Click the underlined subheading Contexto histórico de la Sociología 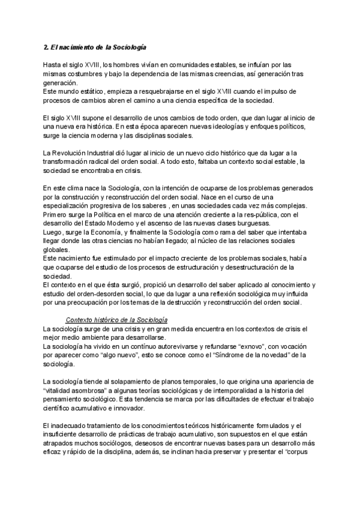click(116, 321)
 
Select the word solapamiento click(118, 382)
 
